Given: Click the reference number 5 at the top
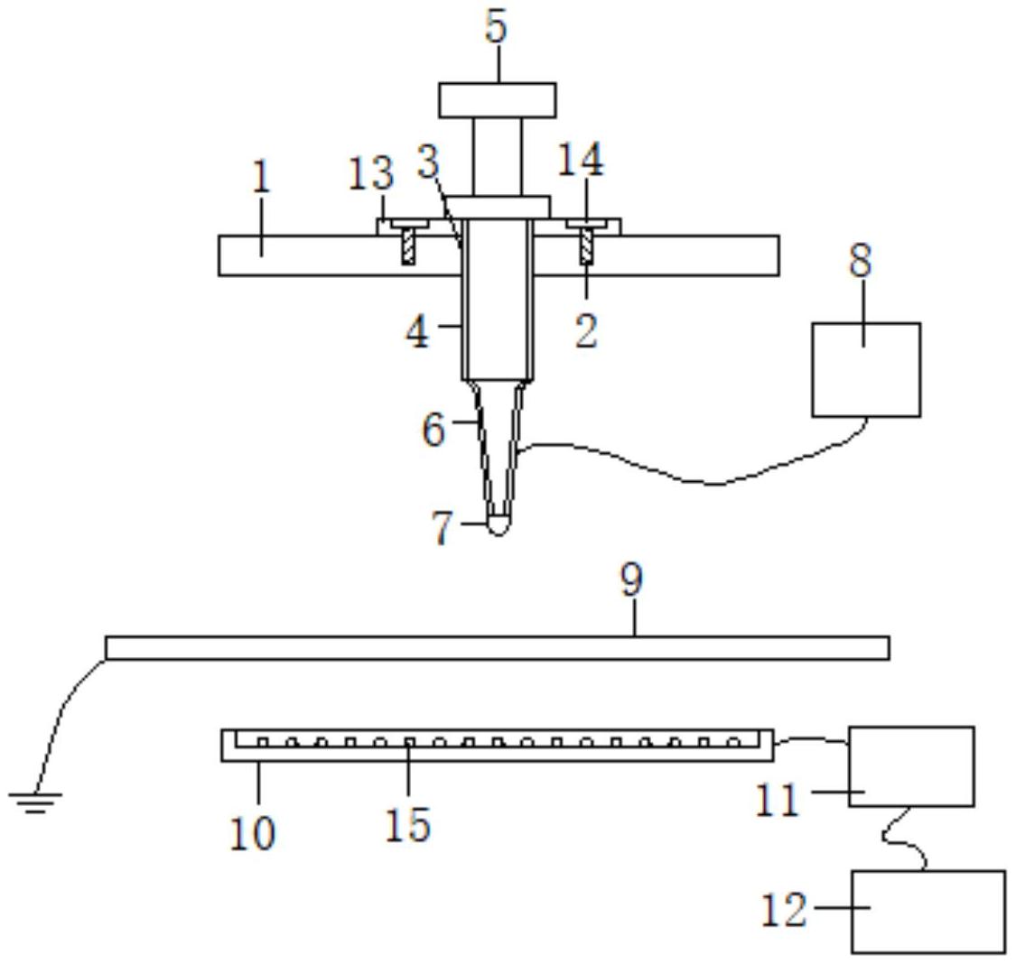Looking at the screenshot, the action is click(497, 27).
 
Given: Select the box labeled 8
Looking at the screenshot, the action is click(866, 370).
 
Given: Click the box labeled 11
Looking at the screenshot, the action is click(911, 766).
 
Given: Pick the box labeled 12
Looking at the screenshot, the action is click(928, 912).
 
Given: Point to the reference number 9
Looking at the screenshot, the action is click(632, 579).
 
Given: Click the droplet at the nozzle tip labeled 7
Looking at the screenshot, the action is click(498, 524).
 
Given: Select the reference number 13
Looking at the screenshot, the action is click(370, 173).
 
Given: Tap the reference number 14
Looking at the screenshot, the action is click(581, 159).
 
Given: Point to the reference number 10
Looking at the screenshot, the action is click(253, 832).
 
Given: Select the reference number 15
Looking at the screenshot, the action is click(407, 824).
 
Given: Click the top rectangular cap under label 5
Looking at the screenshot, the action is click(497, 100).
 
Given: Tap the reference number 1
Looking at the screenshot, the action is click(261, 176).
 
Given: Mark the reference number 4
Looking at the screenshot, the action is click(417, 332).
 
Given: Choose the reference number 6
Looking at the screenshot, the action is click(434, 429).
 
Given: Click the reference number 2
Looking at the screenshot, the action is click(586, 331).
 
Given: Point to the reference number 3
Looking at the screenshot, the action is click(428, 162).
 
